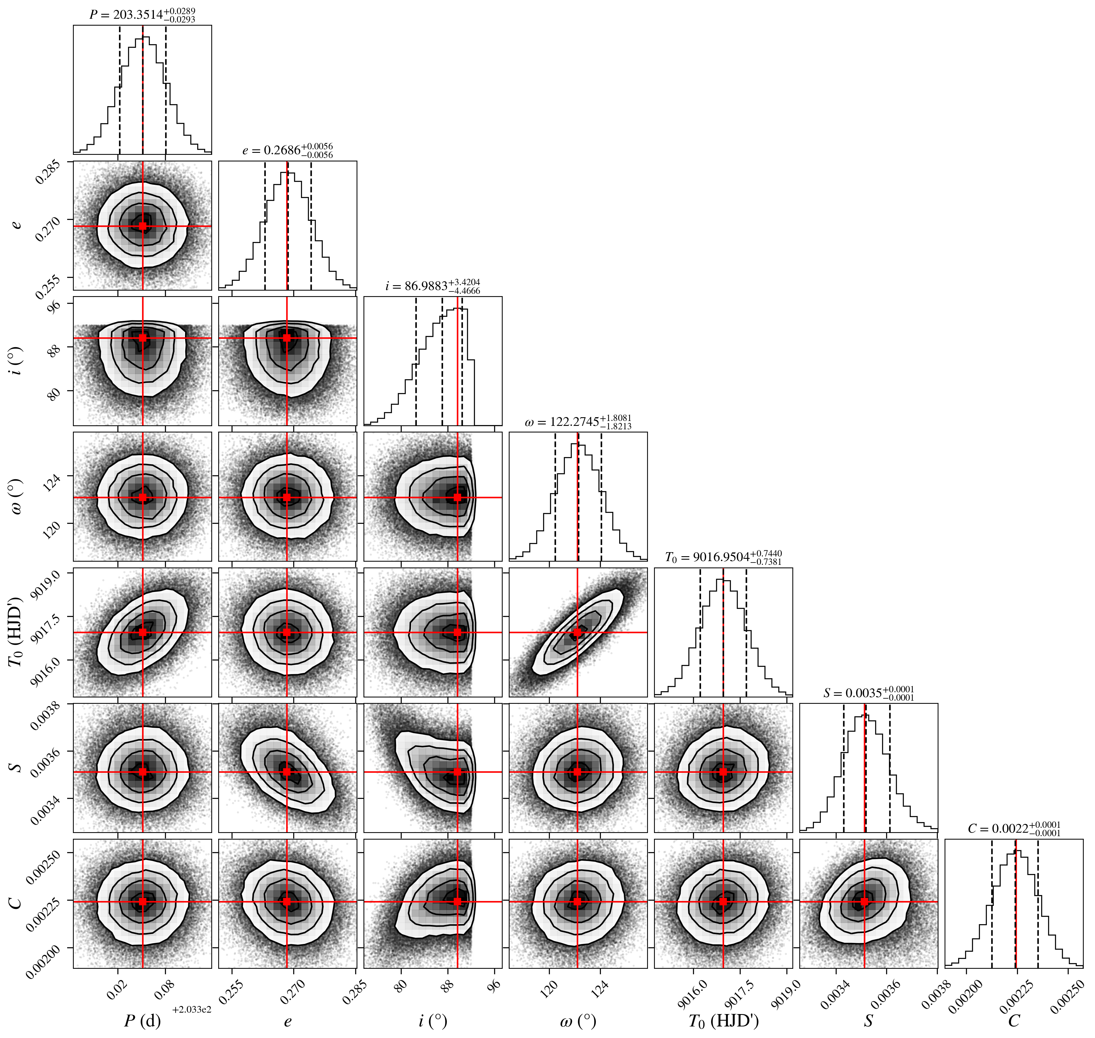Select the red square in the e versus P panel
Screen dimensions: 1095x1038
click(x=143, y=226)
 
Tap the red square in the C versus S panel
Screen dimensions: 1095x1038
click(x=864, y=901)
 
